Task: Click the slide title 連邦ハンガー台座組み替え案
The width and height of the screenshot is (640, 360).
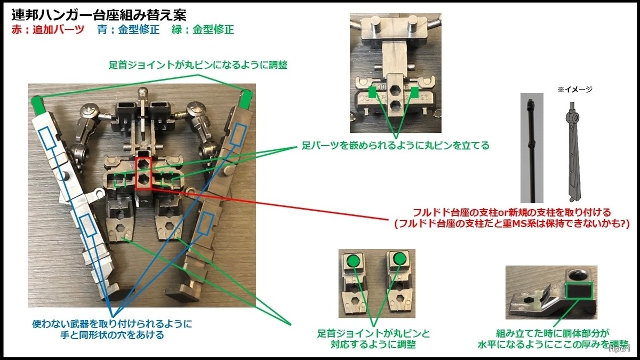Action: [x=99, y=15]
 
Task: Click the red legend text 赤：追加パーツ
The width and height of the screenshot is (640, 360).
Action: [x=47, y=30]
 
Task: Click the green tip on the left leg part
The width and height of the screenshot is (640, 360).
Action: [x=37, y=102]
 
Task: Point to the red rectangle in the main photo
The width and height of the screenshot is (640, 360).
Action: [x=143, y=173]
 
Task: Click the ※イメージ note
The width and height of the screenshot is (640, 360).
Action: [x=574, y=90]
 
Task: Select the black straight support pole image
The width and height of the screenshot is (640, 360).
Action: [x=532, y=144]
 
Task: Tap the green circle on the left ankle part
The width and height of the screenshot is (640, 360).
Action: [x=353, y=261]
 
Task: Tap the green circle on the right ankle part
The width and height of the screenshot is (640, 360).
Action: [x=399, y=260]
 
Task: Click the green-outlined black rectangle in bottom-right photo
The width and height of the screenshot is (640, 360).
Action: [x=579, y=291]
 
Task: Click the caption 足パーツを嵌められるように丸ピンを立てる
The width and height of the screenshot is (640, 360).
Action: [x=395, y=145]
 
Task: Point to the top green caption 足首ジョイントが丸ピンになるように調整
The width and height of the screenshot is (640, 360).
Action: [x=197, y=65]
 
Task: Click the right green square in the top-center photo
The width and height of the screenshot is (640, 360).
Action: [x=415, y=93]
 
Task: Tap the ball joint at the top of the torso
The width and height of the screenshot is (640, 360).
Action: [x=143, y=92]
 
